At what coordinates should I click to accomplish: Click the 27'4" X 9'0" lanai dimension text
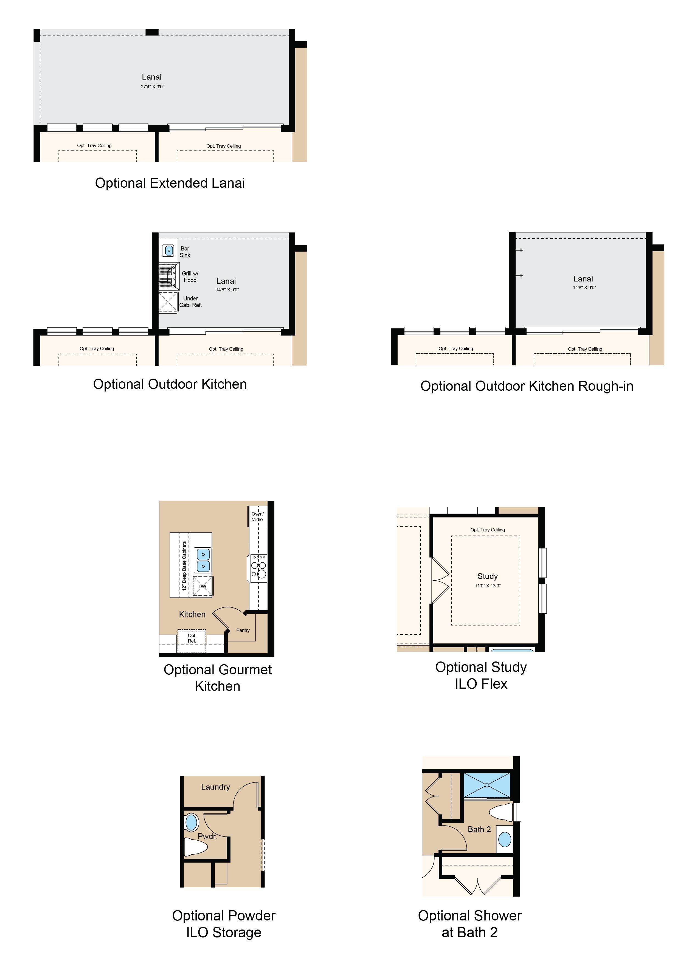click(x=152, y=87)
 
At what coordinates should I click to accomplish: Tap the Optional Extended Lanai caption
click(x=170, y=183)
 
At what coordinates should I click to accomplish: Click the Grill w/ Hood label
click(x=190, y=277)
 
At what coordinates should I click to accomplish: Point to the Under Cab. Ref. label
click(x=190, y=302)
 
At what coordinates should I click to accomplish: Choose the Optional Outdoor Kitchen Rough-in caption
click(x=527, y=386)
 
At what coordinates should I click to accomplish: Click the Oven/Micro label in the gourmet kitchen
click(x=257, y=516)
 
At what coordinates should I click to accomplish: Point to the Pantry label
click(x=243, y=630)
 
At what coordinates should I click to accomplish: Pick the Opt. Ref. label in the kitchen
click(x=192, y=638)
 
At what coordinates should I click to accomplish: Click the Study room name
click(x=488, y=576)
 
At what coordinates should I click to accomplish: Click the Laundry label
click(x=216, y=787)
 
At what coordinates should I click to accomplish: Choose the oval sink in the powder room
click(x=192, y=822)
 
